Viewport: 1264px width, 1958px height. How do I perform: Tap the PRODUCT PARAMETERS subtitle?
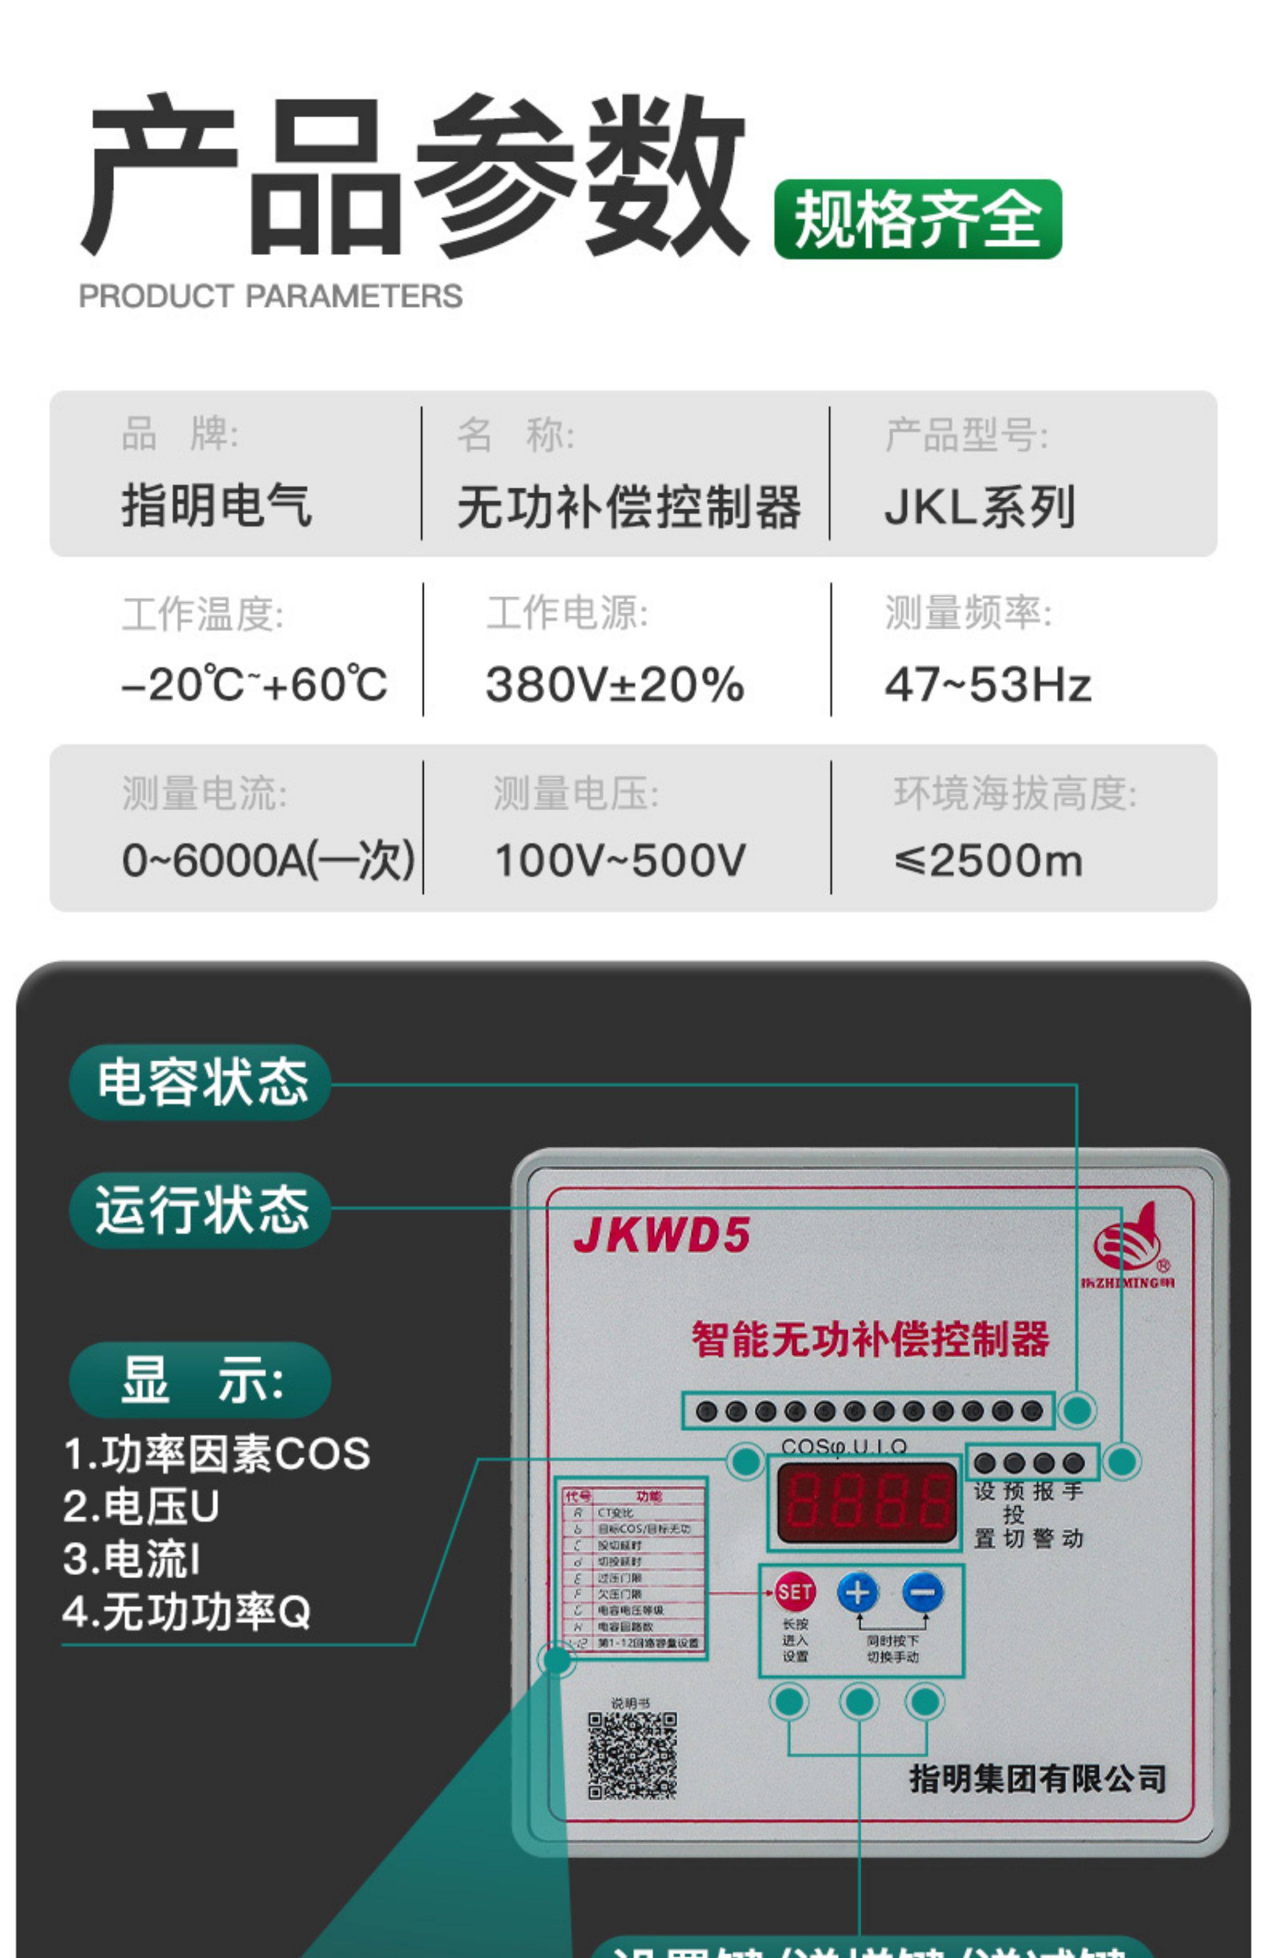(x=270, y=296)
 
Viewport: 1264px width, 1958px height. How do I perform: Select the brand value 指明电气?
(x=217, y=505)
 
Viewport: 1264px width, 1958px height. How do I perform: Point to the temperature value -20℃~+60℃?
(x=254, y=684)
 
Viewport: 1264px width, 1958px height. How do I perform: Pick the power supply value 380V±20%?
(x=615, y=684)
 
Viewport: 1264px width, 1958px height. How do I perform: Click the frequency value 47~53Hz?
(x=987, y=684)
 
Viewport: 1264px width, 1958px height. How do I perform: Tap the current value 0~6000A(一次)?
(x=268, y=860)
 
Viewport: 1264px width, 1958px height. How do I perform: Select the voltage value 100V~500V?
(x=620, y=860)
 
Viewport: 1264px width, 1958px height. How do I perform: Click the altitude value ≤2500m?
(x=988, y=860)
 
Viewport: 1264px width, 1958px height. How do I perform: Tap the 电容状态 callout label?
(x=201, y=1082)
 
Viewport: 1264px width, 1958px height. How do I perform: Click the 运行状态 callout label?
(x=201, y=1210)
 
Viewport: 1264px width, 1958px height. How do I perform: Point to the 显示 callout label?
(x=201, y=1379)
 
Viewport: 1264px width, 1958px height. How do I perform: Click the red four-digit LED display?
(x=866, y=1502)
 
